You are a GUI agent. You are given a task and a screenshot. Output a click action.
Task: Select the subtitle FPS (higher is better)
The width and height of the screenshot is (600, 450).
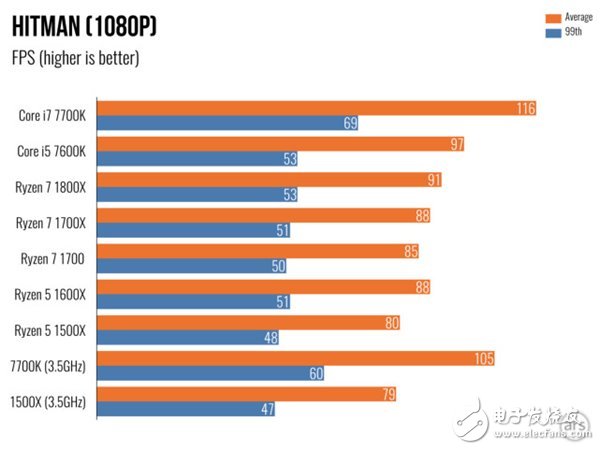pos(76,58)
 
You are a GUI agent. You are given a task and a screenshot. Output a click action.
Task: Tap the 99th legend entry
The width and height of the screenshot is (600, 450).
pos(565,32)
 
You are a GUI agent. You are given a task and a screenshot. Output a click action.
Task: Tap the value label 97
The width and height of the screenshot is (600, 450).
pos(455,144)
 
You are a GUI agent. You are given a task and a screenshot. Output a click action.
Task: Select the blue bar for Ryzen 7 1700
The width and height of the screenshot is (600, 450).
pos(200,265)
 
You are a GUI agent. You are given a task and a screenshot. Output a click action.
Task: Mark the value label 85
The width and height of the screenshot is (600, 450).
pos(412,251)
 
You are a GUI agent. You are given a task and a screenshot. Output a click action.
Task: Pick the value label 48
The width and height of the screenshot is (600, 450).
pos(270,337)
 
